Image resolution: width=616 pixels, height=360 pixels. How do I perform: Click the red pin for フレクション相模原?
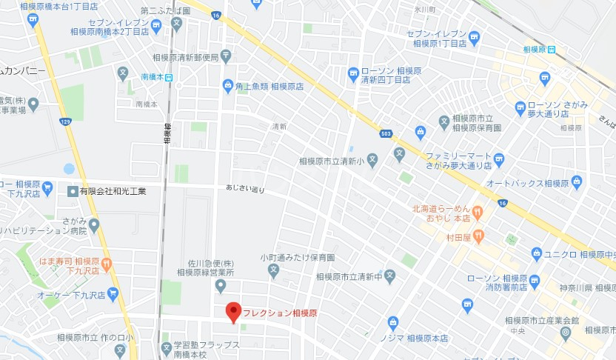click(233, 313)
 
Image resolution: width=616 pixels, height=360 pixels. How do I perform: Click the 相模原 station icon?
click(552, 50)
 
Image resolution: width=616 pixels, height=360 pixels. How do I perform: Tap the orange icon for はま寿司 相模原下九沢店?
click(107, 262)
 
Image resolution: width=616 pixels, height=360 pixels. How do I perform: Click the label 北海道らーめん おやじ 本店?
click(443, 213)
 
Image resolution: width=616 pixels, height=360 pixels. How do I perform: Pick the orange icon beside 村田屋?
click(478, 236)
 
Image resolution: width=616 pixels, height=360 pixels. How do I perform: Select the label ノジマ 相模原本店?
click(424, 339)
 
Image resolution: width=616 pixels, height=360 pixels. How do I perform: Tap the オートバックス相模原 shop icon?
click(577, 181)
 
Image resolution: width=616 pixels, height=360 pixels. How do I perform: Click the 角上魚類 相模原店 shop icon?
click(227, 87)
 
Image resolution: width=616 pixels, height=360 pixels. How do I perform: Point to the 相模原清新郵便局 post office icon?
click(226, 56)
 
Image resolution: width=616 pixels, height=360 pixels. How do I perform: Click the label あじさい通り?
click(244, 190)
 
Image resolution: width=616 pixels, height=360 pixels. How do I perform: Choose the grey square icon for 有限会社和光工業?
click(72, 191)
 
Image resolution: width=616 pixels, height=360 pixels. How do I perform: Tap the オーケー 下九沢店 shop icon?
click(113, 294)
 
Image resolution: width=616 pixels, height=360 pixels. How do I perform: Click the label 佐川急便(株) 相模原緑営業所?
click(212, 268)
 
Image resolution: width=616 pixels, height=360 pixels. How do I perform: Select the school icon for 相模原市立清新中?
click(390, 276)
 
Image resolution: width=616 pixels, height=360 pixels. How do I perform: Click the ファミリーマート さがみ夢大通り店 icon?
click(498, 159)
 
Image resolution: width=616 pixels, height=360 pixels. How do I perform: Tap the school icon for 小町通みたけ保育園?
click(273, 271)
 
